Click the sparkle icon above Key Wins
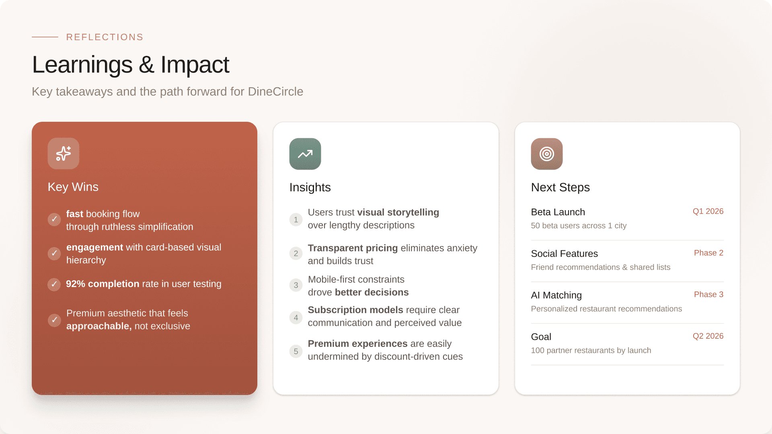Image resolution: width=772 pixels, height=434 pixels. [x=64, y=154]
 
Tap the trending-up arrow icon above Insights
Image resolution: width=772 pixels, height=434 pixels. [x=305, y=154]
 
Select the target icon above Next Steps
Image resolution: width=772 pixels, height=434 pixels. [x=547, y=154]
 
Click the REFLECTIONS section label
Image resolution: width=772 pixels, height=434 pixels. [x=105, y=37]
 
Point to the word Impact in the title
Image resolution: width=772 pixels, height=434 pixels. [x=195, y=65]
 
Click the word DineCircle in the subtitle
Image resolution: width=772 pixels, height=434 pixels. [x=275, y=92]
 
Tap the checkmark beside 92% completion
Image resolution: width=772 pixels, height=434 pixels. [x=54, y=285]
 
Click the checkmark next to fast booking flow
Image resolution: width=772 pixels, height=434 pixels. [x=54, y=219]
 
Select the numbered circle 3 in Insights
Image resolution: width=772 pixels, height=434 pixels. [x=296, y=285]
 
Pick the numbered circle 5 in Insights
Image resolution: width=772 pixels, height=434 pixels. [x=296, y=351]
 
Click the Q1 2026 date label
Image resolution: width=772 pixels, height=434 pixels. [x=708, y=211]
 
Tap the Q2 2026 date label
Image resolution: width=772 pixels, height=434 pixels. [x=708, y=336]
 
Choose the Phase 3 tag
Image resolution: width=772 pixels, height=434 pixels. [x=708, y=295]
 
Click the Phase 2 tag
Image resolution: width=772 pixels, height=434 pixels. [x=708, y=253]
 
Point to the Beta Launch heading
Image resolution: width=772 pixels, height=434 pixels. [x=558, y=212]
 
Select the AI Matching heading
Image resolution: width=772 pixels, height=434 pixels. [x=556, y=295]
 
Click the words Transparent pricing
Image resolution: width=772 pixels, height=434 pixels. [x=353, y=248]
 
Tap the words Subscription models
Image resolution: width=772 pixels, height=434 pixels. [x=355, y=310]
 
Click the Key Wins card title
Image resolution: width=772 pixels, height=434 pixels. [x=73, y=187]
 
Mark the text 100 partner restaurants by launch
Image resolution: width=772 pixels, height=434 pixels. [x=591, y=350]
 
